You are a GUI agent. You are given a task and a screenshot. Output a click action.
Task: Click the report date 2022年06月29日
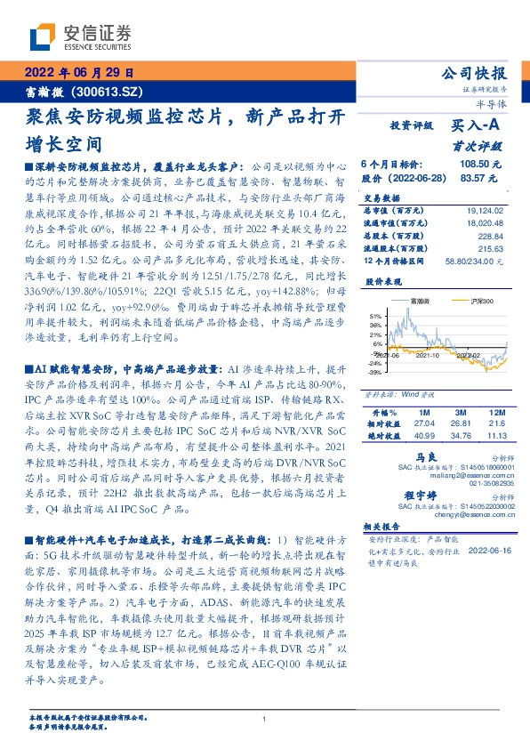[x=77, y=73]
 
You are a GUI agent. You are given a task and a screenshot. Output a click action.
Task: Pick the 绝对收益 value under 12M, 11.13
[x=494, y=412]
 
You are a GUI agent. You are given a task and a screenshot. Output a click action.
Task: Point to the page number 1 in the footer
[x=265, y=719]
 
